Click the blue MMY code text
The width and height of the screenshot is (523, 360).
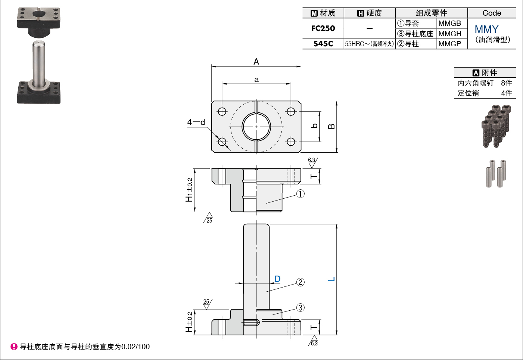486,29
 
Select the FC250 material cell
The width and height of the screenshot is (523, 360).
323,28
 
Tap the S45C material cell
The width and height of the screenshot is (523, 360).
323,44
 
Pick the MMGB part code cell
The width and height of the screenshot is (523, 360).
450,23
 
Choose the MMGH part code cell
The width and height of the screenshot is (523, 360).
450,34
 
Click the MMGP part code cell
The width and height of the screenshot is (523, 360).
450,44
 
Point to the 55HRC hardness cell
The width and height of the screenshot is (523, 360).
369,44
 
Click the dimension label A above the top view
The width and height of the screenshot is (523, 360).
256,62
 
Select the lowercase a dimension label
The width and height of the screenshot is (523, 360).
256,80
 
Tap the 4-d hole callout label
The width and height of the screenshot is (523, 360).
196,122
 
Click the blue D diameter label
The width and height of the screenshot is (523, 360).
277,279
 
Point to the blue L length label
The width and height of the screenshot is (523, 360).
331,279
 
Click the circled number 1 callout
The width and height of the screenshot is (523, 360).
300,194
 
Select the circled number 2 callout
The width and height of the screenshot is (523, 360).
300,282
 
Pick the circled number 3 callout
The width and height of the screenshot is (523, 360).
300,307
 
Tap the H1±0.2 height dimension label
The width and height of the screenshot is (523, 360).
189,190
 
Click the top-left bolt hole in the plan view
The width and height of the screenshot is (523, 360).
222,111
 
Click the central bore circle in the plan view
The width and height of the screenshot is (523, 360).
256,127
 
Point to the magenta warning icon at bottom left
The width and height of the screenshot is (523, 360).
14,347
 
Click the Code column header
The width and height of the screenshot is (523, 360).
492,13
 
